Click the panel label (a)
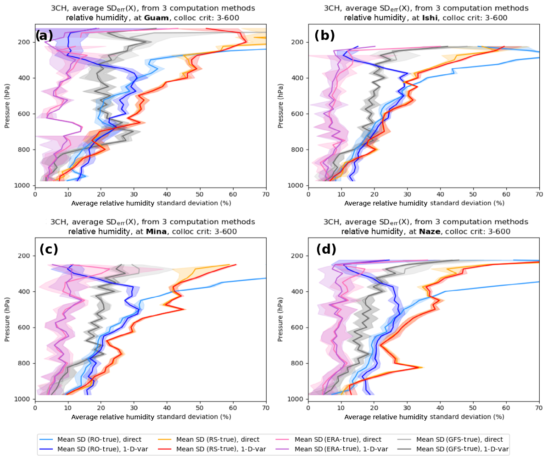44,35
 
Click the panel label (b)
324,35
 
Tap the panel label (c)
49,249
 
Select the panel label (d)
326,249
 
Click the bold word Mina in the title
156,232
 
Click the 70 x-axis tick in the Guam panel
266,194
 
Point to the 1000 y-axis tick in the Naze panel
299,399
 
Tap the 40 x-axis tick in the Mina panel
167,408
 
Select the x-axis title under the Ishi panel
424,203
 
